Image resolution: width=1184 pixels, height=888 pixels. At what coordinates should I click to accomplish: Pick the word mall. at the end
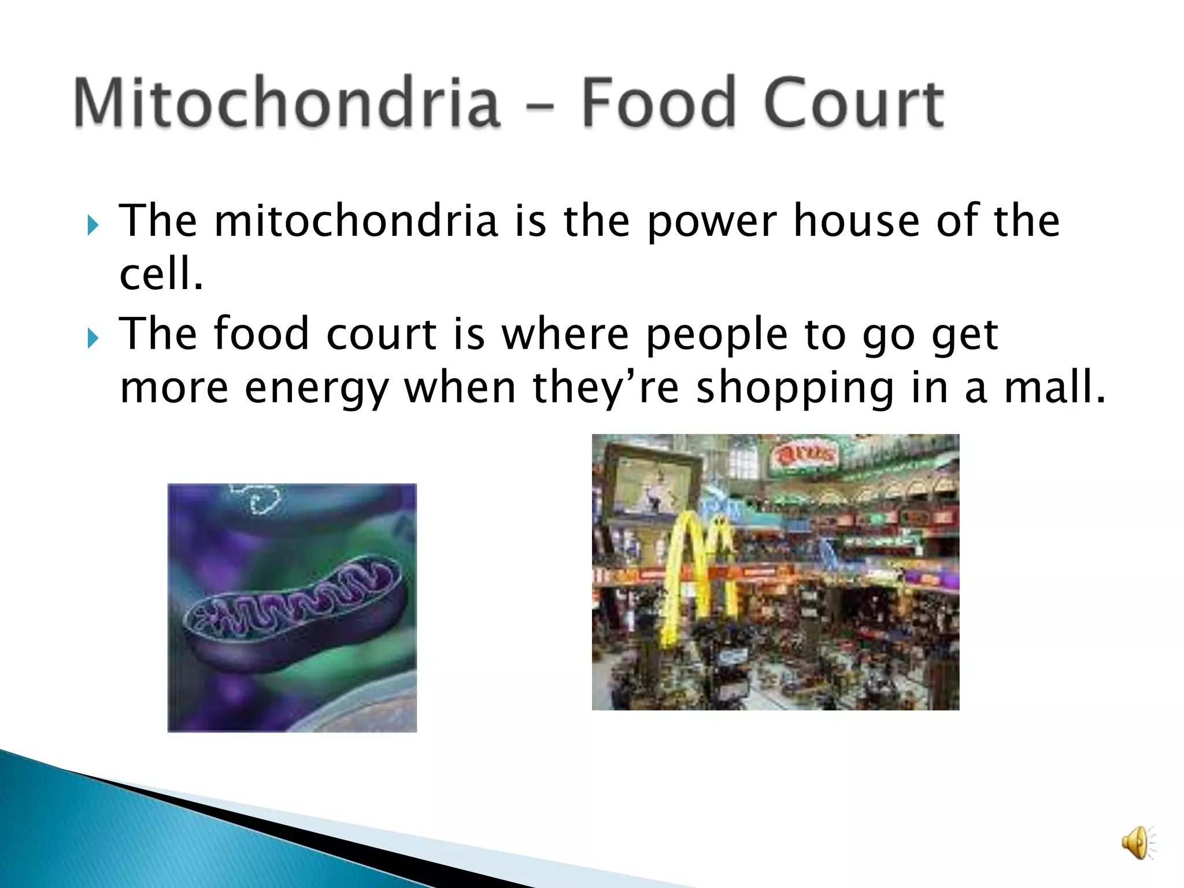pyautogui.click(x=1054, y=387)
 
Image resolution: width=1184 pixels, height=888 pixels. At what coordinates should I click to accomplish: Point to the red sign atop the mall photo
pyautogui.click(x=805, y=455)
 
